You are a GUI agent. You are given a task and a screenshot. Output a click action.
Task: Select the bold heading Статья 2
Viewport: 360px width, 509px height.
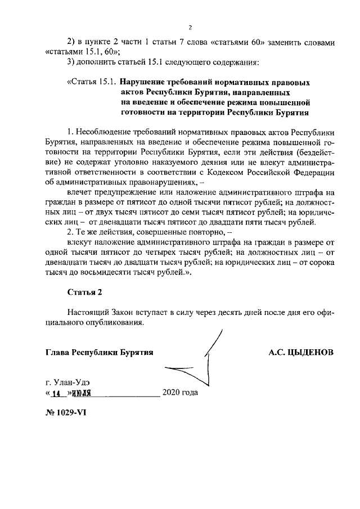coord(85,292)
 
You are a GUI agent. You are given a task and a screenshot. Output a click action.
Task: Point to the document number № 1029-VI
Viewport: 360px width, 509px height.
coord(66,411)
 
